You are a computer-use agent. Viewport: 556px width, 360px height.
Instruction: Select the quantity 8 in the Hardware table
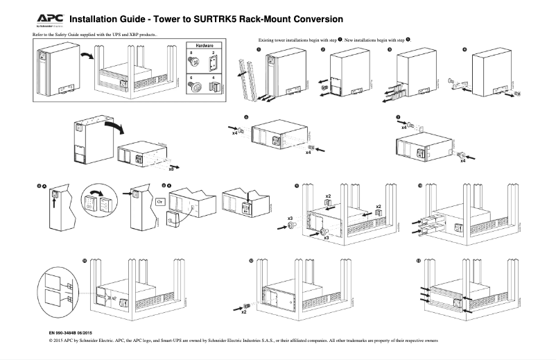click(x=191, y=53)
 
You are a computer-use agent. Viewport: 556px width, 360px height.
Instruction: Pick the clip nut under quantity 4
click(x=214, y=87)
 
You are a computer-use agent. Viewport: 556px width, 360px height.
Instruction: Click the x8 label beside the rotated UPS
click(x=171, y=168)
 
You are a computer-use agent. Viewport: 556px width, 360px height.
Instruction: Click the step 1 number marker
click(x=259, y=50)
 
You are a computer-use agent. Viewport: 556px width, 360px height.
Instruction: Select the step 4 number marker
click(x=464, y=50)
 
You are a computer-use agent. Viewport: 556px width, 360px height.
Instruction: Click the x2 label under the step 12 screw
click(x=243, y=312)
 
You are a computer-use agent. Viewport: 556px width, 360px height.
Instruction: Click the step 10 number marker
click(x=419, y=186)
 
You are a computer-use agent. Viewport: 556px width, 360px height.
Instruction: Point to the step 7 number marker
click(x=397, y=117)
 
